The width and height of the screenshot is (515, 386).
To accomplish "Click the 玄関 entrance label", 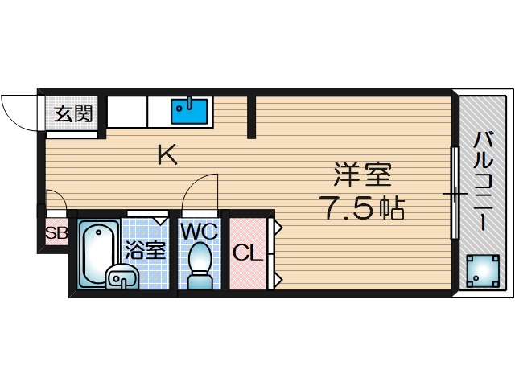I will point(73,113).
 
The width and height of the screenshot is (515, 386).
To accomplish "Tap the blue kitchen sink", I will point(191,111).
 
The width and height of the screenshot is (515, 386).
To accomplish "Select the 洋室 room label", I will point(362,175).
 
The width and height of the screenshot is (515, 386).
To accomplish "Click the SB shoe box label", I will point(56,235).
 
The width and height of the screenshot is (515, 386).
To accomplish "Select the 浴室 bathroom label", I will point(146,249).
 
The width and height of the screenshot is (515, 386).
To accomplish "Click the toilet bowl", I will point(199,265).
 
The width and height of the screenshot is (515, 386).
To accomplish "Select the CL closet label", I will point(248,254).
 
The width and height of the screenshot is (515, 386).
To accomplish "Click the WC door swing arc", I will point(200,193).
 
